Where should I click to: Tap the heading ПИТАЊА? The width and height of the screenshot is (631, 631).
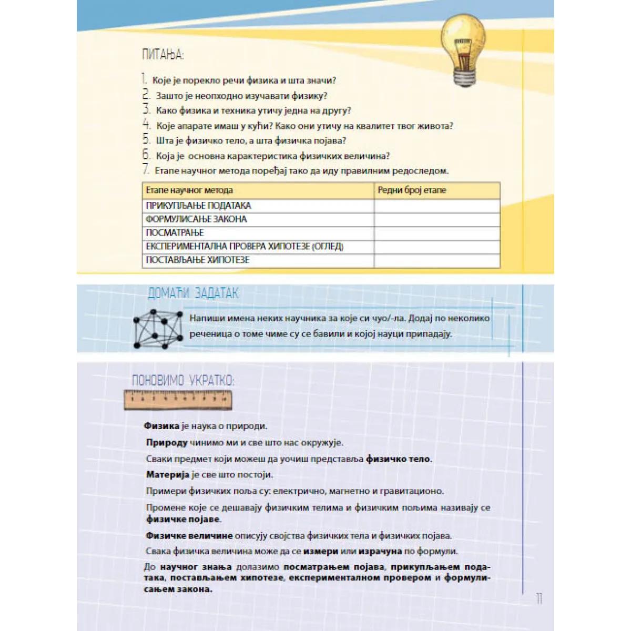(x=163, y=55)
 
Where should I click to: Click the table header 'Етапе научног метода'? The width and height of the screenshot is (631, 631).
(x=189, y=190)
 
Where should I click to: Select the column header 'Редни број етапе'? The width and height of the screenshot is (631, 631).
(x=412, y=190)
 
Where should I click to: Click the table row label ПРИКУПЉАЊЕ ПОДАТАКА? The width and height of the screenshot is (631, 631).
(x=198, y=206)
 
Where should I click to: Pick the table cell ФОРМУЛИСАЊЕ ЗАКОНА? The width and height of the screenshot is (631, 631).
(x=196, y=219)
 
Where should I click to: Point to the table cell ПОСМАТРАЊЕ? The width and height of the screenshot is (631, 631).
(x=175, y=233)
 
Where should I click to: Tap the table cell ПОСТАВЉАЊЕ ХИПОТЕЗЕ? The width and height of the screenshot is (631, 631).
(x=197, y=260)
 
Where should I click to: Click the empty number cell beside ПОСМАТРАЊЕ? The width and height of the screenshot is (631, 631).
(x=436, y=233)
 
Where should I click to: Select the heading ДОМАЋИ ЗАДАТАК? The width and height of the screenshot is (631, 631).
(x=193, y=293)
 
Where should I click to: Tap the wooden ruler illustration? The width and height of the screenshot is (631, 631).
(x=178, y=401)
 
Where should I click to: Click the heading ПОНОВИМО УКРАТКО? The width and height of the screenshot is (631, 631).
(x=183, y=380)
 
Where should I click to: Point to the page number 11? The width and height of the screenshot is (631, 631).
(x=539, y=598)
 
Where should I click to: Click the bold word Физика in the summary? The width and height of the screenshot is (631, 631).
(x=161, y=426)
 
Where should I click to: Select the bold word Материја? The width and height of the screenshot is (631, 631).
(x=167, y=475)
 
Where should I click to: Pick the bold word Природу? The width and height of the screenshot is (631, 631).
(x=167, y=443)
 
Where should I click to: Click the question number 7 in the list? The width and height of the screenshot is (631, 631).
(x=146, y=170)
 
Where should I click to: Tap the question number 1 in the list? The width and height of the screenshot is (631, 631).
(x=144, y=80)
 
